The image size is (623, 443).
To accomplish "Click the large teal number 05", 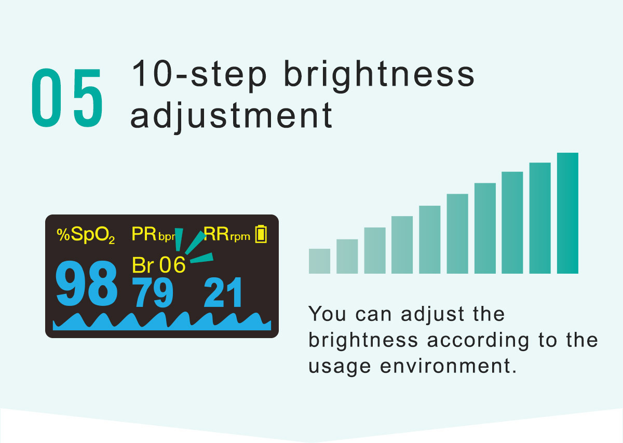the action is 67,98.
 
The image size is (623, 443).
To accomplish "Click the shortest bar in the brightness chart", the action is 319,261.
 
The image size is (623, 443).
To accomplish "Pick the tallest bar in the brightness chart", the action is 567,213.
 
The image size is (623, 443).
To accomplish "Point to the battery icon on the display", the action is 261,234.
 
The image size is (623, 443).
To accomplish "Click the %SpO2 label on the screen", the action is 86,235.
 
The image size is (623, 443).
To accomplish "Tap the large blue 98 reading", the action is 86,284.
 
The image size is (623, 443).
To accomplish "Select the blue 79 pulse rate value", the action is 153,292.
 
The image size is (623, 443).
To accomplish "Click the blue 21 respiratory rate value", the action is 223,292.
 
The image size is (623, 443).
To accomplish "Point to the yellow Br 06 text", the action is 158,265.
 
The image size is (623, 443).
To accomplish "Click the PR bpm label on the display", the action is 154,235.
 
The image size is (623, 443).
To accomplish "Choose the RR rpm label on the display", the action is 227,235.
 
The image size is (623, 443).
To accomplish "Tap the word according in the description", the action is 478,341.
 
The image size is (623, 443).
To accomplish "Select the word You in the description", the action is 327,314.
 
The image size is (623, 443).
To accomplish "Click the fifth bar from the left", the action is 430,239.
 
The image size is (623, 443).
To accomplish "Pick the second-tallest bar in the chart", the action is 540,218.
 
